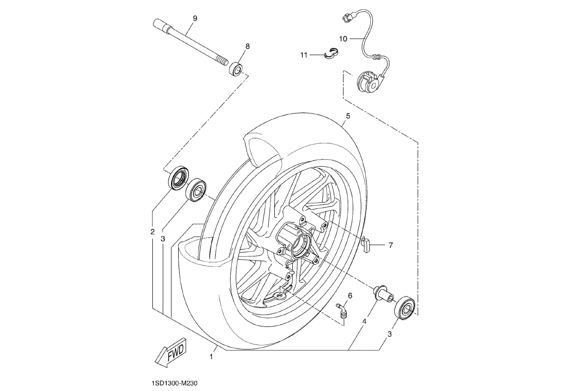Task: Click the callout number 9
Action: tap(195, 18)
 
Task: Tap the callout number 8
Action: tap(247, 46)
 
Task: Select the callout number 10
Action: tap(343, 39)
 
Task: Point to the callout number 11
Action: tap(304, 55)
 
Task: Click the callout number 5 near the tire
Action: tap(348, 116)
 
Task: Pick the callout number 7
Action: tap(391, 245)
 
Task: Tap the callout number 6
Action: tap(350, 296)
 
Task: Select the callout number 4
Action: tap(364, 321)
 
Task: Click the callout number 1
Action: tap(211, 356)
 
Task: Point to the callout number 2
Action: tap(152, 232)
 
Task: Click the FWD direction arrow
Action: tap(171, 353)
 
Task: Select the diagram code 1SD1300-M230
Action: tap(175, 383)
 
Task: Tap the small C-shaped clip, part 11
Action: tap(331, 53)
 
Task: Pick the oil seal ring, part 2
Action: tap(179, 178)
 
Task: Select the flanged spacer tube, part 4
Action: tap(383, 295)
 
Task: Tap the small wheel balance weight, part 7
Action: tap(366, 244)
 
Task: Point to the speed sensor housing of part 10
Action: tap(369, 82)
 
